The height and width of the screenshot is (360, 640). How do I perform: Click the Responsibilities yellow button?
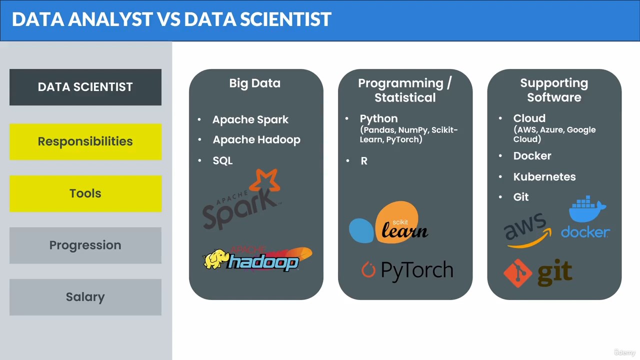85,141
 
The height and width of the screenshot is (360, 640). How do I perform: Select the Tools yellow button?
85,193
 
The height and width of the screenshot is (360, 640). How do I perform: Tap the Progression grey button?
85,245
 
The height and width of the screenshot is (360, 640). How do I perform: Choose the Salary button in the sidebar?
85,297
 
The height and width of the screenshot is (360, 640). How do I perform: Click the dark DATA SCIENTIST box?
85,87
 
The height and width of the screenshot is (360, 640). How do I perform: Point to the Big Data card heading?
255,83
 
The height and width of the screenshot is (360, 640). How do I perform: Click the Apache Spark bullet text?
250,119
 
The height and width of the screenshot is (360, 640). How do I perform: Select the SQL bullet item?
222,160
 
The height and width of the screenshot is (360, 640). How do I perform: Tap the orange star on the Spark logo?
265,180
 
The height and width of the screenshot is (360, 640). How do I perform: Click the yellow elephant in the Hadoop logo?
215,259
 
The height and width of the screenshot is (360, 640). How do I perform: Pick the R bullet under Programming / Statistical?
364,161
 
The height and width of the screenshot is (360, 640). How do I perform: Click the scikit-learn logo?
388,223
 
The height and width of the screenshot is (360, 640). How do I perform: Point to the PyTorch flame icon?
368,269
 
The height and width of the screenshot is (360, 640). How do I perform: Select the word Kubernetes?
544,177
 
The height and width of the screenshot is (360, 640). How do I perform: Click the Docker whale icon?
587,209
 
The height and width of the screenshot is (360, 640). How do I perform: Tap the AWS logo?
527,230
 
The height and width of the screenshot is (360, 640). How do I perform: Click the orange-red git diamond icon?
517,273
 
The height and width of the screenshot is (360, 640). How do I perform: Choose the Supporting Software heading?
554,90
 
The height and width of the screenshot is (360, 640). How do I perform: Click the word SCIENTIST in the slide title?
285,19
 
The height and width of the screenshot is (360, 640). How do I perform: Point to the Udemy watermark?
624,352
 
